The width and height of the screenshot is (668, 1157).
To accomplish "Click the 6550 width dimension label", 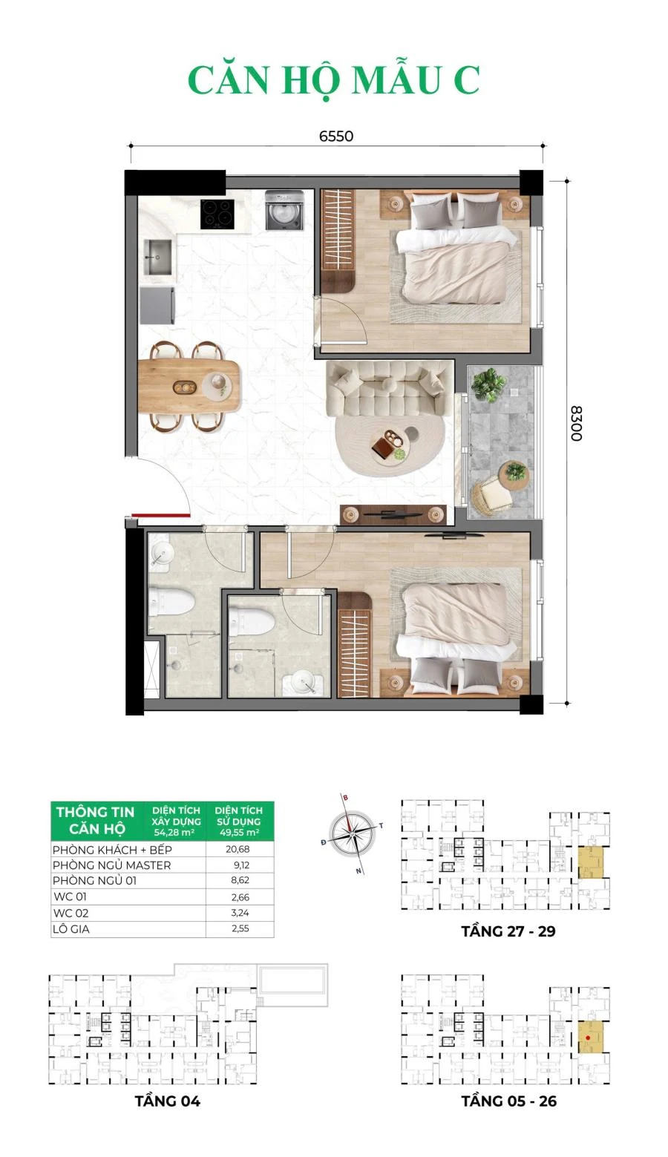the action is [335, 137].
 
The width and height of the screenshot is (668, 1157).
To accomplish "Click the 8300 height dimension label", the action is [576, 424].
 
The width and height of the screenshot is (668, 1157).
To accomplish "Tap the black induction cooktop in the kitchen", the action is [217, 214].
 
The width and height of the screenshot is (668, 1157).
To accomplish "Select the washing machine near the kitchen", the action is [284, 210].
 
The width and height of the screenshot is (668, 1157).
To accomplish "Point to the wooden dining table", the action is [189, 386].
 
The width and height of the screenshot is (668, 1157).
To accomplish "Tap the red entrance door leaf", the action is [160, 515].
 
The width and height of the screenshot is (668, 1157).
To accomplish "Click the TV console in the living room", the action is [393, 514].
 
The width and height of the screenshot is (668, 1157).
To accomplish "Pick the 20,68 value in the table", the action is [238, 849].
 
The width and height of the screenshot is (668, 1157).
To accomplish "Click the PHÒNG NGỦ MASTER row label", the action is [111, 865].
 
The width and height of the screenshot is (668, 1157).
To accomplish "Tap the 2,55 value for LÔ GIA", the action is [240, 928].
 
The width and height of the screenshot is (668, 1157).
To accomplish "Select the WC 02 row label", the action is [71, 913].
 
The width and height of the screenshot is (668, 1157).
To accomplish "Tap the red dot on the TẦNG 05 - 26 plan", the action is [588, 1038].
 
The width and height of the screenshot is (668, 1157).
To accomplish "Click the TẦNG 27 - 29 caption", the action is [508, 931].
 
